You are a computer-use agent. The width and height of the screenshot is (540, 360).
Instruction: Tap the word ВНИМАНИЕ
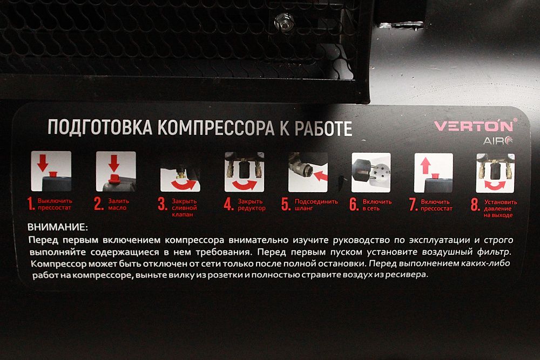[58, 227]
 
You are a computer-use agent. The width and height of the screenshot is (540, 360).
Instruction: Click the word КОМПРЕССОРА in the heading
[216, 128]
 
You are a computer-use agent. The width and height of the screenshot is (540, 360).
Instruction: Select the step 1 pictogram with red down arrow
[51, 171]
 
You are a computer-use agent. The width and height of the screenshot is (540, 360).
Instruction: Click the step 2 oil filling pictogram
[116, 172]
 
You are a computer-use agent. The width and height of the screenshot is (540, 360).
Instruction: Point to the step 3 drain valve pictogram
[180, 178]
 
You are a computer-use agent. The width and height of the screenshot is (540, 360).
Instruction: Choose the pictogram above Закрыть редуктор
[244, 172]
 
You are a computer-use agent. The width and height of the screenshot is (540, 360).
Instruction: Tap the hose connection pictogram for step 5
[308, 172]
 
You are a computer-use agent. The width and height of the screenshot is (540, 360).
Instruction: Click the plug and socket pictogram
[371, 172]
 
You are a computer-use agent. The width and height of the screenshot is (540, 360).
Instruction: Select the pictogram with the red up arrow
[434, 173]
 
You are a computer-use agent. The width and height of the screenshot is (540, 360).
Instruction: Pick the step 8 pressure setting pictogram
[495, 173]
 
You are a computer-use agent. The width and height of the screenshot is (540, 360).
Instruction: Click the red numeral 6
[354, 204]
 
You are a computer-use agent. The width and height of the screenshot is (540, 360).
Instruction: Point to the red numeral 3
[162, 203]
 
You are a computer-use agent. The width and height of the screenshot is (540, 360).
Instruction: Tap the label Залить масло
[118, 204]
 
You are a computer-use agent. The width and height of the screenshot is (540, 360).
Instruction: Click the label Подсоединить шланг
[316, 205]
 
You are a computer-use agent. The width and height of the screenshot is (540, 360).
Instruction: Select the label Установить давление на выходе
[501, 208]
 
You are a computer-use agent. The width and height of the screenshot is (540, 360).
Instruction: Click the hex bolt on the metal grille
[283, 22]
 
